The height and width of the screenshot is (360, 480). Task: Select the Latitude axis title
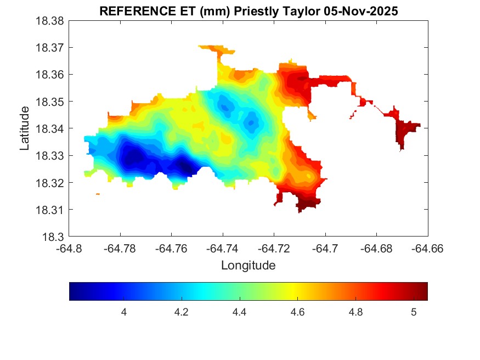[x=25, y=128]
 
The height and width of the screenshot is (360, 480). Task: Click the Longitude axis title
[x=248, y=266]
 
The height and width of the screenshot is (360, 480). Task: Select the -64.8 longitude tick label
[x=70, y=248]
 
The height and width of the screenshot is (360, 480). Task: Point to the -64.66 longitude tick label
[x=427, y=248]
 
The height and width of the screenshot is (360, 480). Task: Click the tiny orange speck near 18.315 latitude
[x=98, y=194]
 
